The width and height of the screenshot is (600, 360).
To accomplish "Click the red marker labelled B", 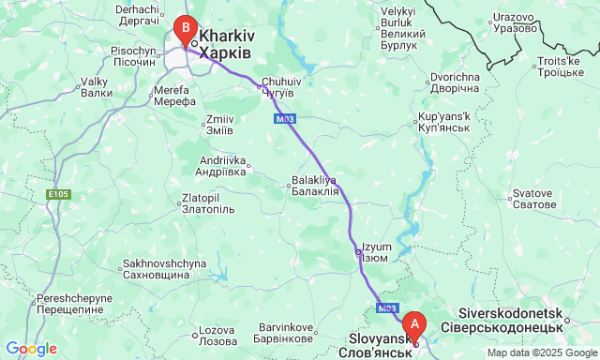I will point(187,29).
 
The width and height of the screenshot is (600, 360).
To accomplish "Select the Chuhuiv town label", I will point(278,87).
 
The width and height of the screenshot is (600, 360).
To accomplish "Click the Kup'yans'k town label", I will point(442,123).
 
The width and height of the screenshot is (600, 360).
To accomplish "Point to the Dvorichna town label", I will point(455,82).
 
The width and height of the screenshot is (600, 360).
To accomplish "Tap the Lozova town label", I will point(218,335).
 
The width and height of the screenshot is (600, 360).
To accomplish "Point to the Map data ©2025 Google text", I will point(542,352).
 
